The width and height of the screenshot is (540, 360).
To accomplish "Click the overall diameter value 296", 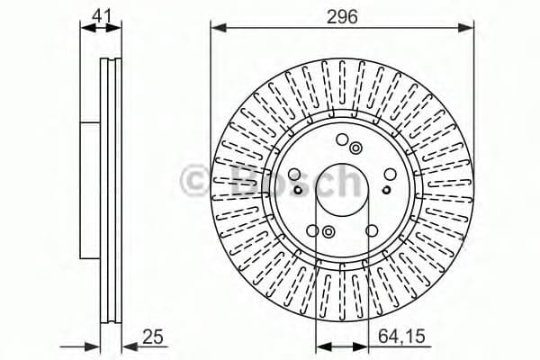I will point(341,14).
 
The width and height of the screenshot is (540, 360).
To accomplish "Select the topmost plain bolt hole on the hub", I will point(342,139).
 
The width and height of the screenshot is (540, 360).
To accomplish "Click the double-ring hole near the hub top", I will point(356,148).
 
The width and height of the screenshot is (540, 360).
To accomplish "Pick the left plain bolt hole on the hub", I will point(296,173).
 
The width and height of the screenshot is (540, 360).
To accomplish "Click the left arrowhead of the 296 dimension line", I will point(216,28).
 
